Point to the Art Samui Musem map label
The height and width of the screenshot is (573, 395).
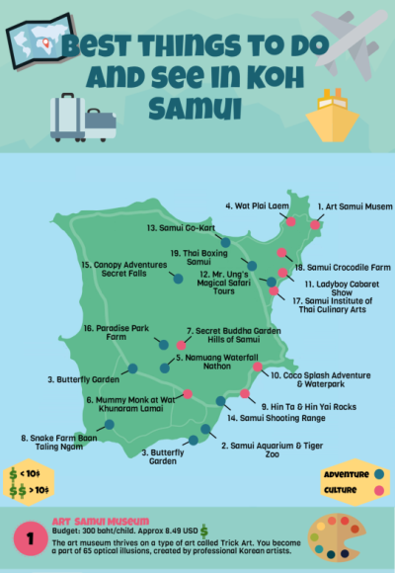pos(355,206)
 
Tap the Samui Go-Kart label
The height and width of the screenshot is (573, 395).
pos(178,228)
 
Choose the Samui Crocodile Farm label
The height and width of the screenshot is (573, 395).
pos(342,267)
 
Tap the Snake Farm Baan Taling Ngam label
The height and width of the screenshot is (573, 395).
pos(54,442)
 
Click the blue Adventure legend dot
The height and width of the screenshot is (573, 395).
pos(378,475)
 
